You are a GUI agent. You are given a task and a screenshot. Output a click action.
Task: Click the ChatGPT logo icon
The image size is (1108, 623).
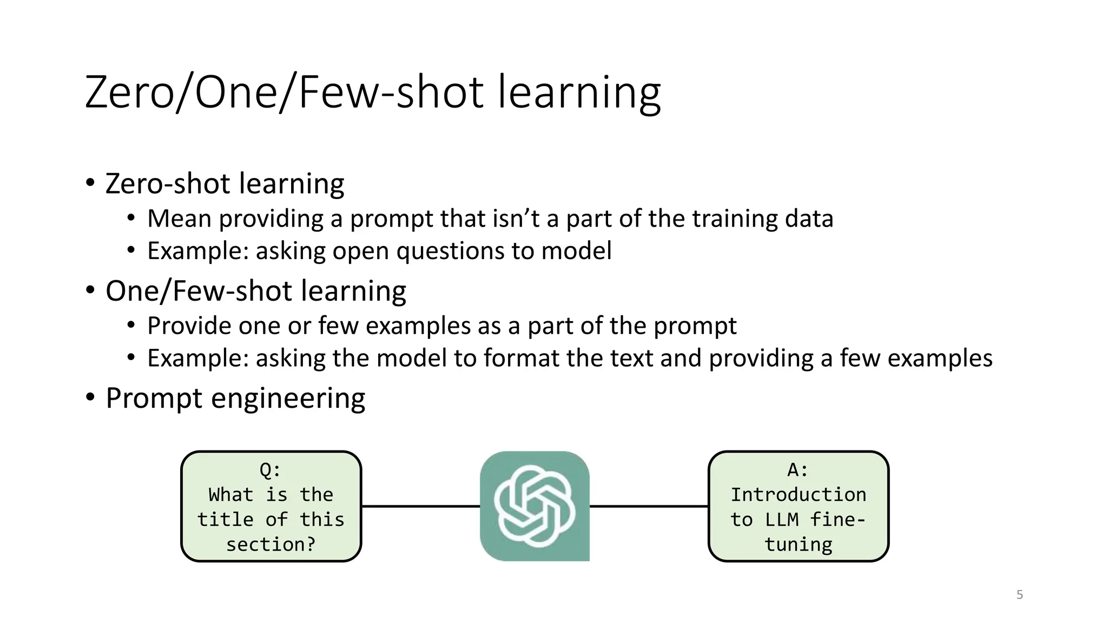click(535, 506)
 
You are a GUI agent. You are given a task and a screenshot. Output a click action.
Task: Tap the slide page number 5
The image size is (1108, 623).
click(1019, 595)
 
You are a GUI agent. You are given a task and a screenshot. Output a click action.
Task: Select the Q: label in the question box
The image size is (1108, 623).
click(271, 470)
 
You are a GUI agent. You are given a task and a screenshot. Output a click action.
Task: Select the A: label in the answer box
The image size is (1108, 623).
click(798, 470)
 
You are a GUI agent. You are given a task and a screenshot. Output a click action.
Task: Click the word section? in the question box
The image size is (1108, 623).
click(271, 544)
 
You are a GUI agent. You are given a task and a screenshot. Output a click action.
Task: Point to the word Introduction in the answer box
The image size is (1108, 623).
click(798, 494)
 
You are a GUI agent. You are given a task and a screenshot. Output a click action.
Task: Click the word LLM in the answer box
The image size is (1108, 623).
click(781, 519)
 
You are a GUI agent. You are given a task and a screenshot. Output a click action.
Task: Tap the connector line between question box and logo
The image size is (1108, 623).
click(420, 506)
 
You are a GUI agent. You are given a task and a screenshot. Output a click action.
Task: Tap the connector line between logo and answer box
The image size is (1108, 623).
click(649, 506)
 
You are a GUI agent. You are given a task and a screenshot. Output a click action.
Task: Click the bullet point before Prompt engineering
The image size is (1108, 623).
click(90, 397)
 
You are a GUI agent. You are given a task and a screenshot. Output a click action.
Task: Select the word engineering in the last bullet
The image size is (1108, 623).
click(288, 399)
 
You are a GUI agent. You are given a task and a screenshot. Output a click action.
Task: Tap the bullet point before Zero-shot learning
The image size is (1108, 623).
click(90, 183)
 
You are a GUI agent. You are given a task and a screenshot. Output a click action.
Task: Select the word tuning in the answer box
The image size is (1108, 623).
click(798, 544)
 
